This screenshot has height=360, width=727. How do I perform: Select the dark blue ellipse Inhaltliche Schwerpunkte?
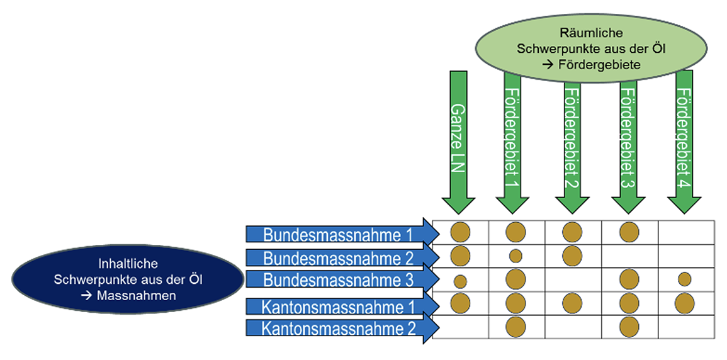[128, 279]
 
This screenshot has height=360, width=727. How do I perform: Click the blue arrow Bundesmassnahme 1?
[340, 234]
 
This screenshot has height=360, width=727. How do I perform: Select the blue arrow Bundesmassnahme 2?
[340, 257]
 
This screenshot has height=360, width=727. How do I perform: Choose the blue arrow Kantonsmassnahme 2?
[340, 328]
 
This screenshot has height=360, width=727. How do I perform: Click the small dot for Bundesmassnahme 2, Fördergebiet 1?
[516, 256]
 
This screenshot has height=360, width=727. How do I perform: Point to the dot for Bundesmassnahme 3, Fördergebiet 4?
[685, 279]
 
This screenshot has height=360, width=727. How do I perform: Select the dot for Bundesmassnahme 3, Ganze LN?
[460, 281]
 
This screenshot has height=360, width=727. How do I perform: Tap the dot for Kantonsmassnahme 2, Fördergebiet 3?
[629, 326]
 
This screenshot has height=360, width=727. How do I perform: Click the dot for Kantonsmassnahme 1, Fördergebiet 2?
[572, 303]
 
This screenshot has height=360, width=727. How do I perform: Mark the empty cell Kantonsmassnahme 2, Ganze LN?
[460, 327]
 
